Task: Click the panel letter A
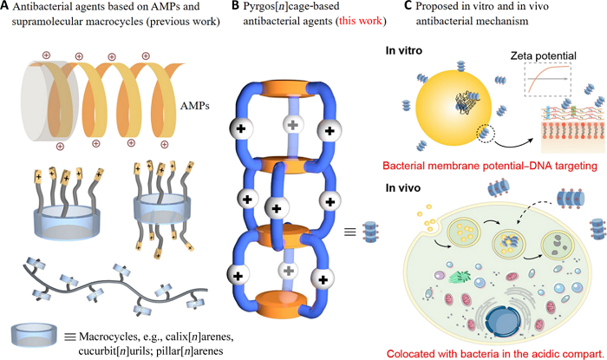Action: tap(7, 9)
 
